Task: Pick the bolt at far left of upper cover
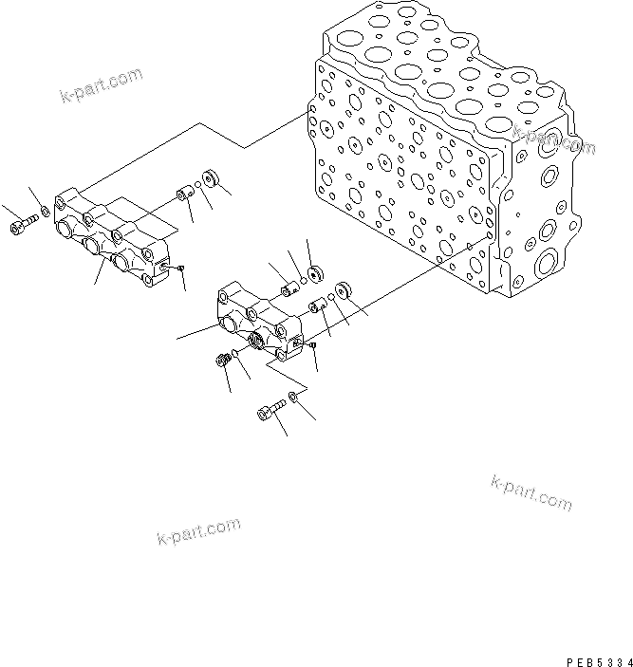(x=22, y=224)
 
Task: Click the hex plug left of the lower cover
(x=226, y=361)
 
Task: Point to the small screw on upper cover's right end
(x=178, y=269)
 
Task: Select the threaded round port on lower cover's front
(x=257, y=339)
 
